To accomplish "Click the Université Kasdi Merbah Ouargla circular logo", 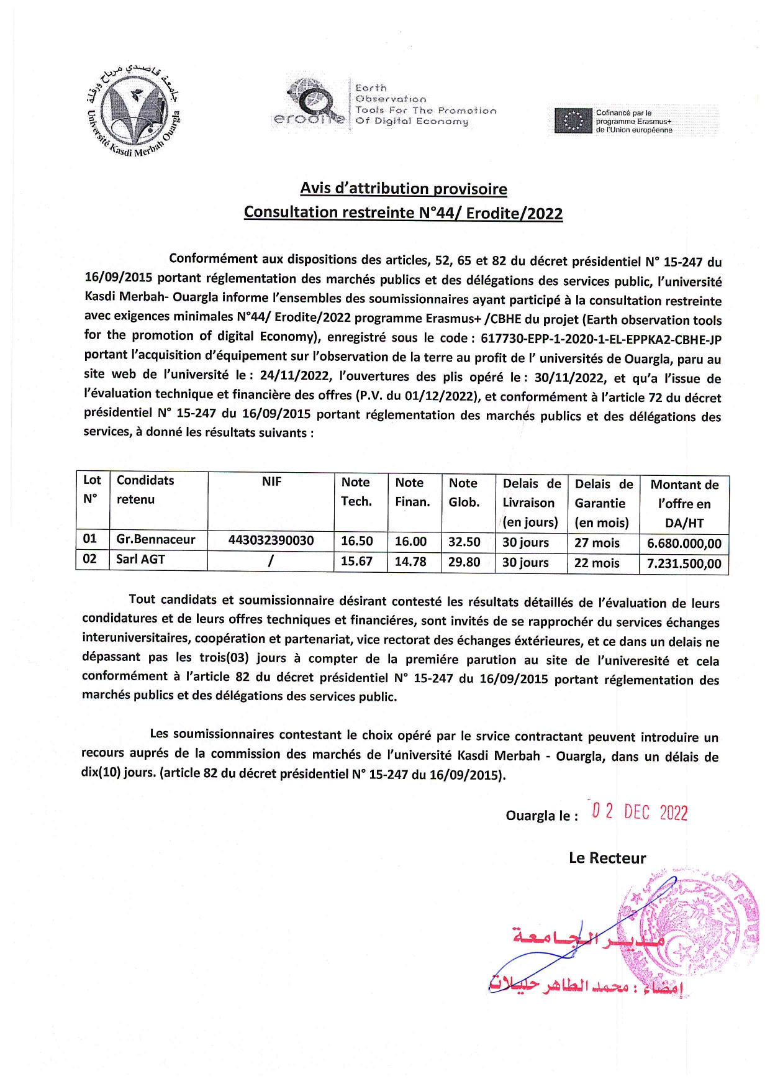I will pyautogui.click(x=134, y=110).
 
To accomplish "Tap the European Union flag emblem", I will pyautogui.click(x=572, y=121).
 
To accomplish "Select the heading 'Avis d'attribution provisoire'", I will pyautogui.click(x=404, y=188).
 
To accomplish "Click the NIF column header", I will pyautogui.click(x=271, y=481).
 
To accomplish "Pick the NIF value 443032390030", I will pyautogui.click(x=271, y=540).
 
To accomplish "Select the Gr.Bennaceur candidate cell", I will pyautogui.click(x=156, y=540).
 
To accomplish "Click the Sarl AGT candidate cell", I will pyautogui.click(x=141, y=559).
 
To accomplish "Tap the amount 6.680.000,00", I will pyautogui.click(x=684, y=544).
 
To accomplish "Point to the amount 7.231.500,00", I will pyautogui.click(x=684, y=563).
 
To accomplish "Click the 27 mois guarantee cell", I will pyautogui.click(x=597, y=543).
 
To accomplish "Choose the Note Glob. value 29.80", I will pyautogui.click(x=464, y=562).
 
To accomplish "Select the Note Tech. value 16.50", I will pyautogui.click(x=356, y=541).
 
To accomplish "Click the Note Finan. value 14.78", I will pyautogui.click(x=410, y=561).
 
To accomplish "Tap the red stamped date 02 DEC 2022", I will pyautogui.click(x=640, y=813).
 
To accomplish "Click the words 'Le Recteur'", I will pyautogui.click(x=607, y=858).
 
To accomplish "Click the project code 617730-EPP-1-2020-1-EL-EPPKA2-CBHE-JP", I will pyautogui.click(x=600, y=339).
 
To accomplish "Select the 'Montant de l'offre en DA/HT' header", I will pyautogui.click(x=684, y=503).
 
